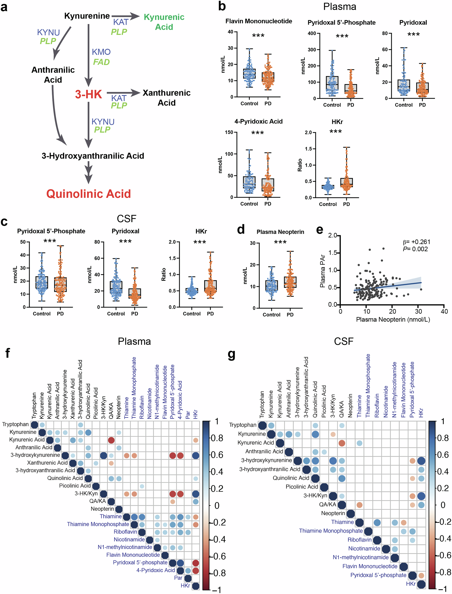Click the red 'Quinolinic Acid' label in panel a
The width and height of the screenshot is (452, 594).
click(x=88, y=194)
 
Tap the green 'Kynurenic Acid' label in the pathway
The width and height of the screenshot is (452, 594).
click(x=164, y=22)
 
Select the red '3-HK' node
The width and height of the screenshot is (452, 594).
click(x=88, y=94)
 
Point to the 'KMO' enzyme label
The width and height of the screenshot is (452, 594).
click(x=101, y=52)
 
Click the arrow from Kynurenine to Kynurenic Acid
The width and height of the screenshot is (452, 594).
click(x=125, y=16)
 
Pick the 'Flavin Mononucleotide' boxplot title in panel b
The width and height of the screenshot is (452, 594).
click(x=258, y=21)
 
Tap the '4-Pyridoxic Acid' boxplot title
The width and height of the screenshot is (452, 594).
click(x=258, y=121)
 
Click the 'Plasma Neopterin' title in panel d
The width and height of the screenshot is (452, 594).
click(x=280, y=232)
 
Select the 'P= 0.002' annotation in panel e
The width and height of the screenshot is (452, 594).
click(x=415, y=249)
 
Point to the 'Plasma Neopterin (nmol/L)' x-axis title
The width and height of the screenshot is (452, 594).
click(x=393, y=319)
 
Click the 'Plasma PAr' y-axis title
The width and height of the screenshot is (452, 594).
click(x=322, y=271)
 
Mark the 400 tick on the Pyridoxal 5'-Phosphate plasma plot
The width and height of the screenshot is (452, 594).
click(x=312, y=33)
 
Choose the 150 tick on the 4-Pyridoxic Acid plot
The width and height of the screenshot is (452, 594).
click(x=229, y=132)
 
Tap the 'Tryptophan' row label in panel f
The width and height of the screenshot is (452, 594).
click(x=15, y=424)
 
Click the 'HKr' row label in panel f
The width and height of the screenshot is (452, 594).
click(x=185, y=585)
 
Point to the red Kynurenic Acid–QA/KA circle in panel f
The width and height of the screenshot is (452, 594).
click(x=111, y=440)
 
